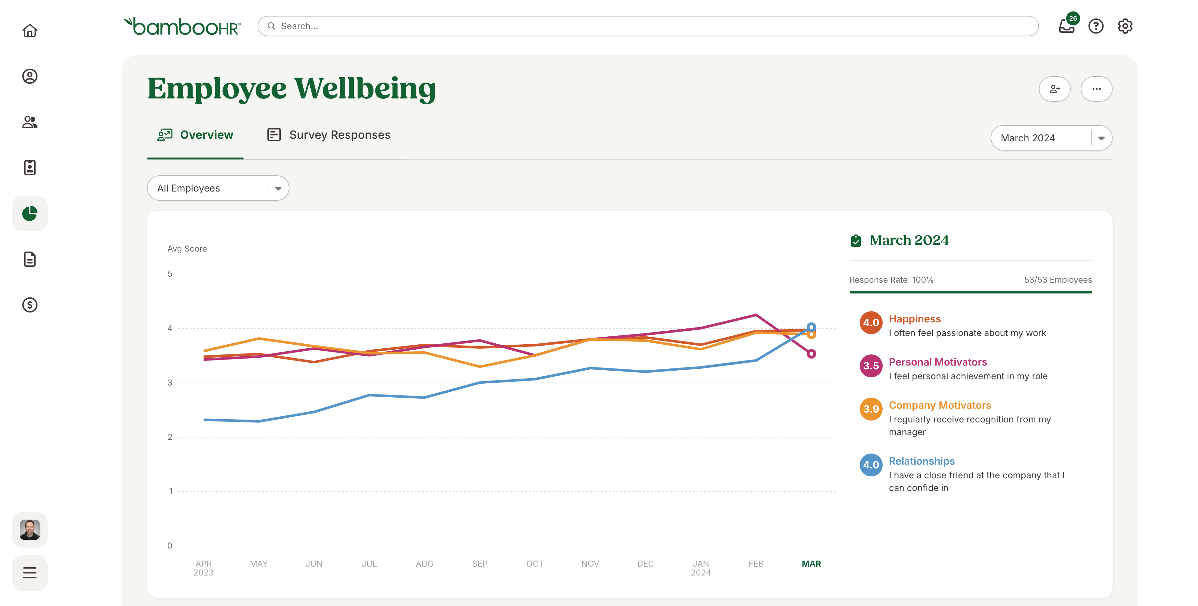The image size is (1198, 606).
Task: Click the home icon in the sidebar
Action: click(x=30, y=31)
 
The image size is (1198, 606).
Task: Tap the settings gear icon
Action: click(x=1125, y=26)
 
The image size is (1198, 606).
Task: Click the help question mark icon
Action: click(x=1096, y=26)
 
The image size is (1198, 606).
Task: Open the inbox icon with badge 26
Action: click(x=1067, y=26)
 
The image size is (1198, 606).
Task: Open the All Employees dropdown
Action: click(x=218, y=188)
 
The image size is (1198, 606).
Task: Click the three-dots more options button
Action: click(x=1096, y=89)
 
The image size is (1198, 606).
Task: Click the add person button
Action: click(x=1054, y=89)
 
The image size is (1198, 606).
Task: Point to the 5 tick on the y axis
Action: click(x=170, y=274)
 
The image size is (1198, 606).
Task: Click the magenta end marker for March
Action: click(x=811, y=354)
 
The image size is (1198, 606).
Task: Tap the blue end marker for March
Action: click(x=811, y=327)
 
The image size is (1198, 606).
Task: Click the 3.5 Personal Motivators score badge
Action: click(x=871, y=366)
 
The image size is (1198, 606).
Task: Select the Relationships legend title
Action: click(x=921, y=461)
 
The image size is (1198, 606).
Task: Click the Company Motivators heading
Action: click(x=939, y=405)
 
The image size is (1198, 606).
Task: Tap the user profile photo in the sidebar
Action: click(x=30, y=530)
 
